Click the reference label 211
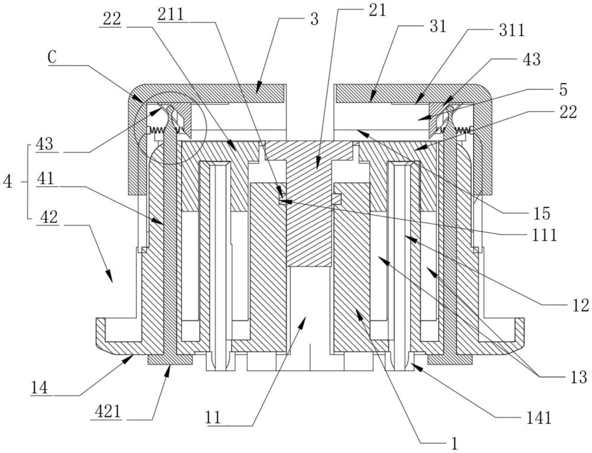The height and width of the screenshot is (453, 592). tap(171, 15)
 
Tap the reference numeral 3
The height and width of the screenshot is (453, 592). tap(314, 19)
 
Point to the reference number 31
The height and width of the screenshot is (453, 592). tap(437, 27)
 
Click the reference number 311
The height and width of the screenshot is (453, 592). tap(512, 30)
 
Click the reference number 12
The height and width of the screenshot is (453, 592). tap(580, 305)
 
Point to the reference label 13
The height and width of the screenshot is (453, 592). tap(579, 377)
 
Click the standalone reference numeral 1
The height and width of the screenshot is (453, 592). tap(455, 443)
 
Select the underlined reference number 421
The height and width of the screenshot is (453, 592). tap(107, 412)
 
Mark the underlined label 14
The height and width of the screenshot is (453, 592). tap(40, 388)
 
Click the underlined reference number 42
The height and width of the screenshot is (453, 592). tap(48, 217)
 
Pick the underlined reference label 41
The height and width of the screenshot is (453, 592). tap(46, 179)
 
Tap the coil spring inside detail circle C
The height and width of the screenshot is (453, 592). tap(158, 130)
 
